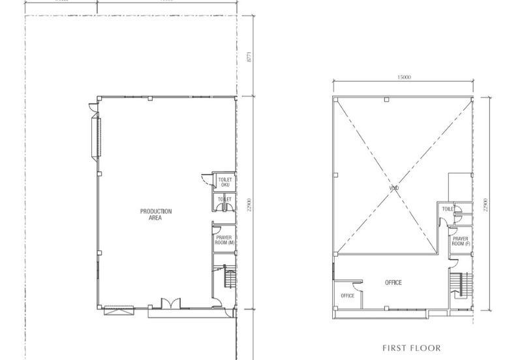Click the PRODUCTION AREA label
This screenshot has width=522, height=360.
[156, 214]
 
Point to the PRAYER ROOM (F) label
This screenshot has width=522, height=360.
[460, 241]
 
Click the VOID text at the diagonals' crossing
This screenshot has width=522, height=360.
[393, 188]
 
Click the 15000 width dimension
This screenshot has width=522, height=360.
[403, 77]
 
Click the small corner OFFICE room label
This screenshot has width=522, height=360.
[347, 296]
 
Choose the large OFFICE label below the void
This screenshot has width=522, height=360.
[393, 282]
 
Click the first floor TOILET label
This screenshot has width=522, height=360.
[448, 209]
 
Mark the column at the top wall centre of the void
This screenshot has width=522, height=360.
[386, 100]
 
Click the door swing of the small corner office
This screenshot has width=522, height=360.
[357, 281]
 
